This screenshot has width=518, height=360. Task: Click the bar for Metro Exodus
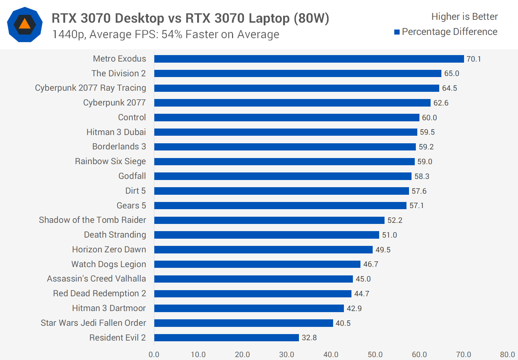click(x=309, y=59)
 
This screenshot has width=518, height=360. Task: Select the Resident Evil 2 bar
click(x=227, y=338)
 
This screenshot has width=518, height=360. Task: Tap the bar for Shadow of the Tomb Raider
click(x=269, y=220)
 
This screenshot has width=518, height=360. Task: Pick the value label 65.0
click(x=451, y=73)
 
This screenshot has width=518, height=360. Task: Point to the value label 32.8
click(x=309, y=338)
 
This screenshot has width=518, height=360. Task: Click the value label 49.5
click(x=383, y=250)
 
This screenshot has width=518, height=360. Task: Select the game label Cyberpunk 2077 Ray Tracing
click(x=90, y=88)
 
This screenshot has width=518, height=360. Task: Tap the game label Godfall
click(x=132, y=176)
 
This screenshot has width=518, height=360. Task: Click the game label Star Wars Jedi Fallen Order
click(x=93, y=323)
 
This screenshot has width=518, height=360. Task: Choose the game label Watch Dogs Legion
click(x=109, y=264)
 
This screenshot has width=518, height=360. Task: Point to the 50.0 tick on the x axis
click(x=375, y=355)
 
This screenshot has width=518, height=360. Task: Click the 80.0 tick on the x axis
click(x=507, y=355)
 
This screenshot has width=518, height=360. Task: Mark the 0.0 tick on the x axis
click(x=154, y=355)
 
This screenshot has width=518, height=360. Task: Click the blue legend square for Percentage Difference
click(x=397, y=32)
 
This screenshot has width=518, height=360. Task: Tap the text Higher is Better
click(x=464, y=17)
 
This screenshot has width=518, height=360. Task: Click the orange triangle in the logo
click(x=24, y=24)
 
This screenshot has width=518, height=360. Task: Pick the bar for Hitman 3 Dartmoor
click(x=249, y=309)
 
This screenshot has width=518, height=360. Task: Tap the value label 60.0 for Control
click(x=429, y=118)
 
